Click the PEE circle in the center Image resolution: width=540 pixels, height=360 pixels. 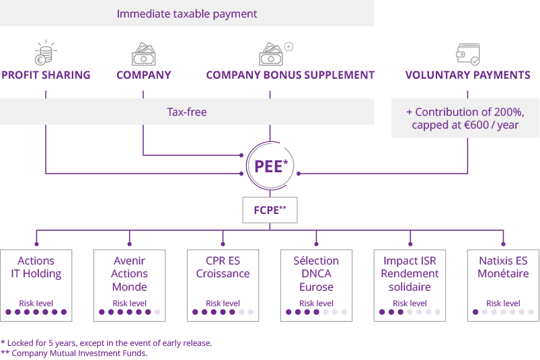pyautogui.click(x=270, y=166)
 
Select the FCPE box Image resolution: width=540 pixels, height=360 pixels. pyautogui.click(x=270, y=209)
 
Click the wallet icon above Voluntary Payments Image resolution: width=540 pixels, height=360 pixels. pyautogui.click(x=467, y=54)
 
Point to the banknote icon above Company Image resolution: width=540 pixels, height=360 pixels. pyautogui.click(x=144, y=54)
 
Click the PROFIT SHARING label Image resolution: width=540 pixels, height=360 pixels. pyautogui.click(x=46, y=75)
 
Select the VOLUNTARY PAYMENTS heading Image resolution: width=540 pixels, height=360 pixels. pyautogui.click(x=467, y=75)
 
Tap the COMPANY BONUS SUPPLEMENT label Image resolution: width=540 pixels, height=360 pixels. pyautogui.click(x=290, y=75)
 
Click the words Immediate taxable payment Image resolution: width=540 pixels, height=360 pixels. pyautogui.click(x=187, y=13)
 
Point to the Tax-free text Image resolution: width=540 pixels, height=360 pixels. pyautogui.click(x=187, y=112)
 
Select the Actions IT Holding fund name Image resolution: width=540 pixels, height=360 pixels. pyautogui.click(x=36, y=267)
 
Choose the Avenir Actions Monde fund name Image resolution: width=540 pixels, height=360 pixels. pyautogui.click(x=130, y=273)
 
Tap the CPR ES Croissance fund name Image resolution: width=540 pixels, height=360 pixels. pyautogui.click(x=223, y=267)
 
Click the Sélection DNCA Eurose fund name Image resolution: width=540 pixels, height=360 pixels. pyautogui.click(x=316, y=273)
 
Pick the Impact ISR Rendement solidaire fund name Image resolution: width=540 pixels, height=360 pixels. pyautogui.click(x=410, y=273)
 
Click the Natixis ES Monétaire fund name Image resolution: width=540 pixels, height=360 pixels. pyautogui.click(x=503, y=267)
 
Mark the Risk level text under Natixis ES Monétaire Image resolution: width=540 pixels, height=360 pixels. pyautogui.click(x=503, y=303)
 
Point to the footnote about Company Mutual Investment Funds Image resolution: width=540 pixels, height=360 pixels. pyautogui.click(x=74, y=353)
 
